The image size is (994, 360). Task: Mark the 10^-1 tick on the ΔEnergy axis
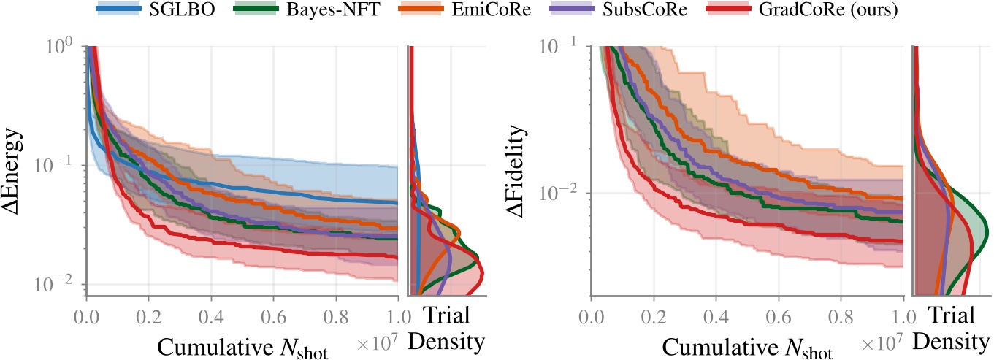(x=58, y=165)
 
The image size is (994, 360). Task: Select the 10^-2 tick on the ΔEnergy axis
(x=58, y=284)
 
